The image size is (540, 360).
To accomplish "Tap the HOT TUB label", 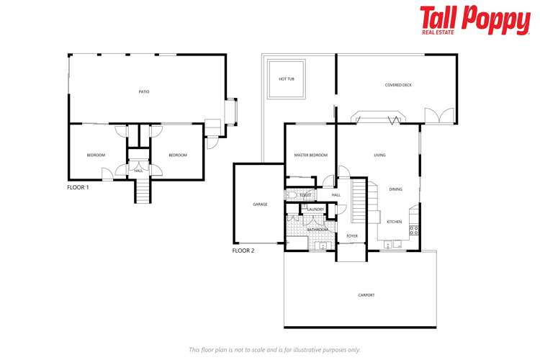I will [287, 78].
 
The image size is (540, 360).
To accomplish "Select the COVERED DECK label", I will [398, 85].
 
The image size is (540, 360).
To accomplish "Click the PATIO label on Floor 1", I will [144, 91].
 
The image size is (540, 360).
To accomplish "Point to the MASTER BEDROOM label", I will [311, 155].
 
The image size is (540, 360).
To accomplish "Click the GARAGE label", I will [260, 204].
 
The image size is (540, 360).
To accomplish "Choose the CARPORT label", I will [366, 295].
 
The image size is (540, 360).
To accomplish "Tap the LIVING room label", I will [379, 155].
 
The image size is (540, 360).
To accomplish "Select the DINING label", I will [395, 189].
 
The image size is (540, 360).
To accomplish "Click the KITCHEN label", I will [394, 222].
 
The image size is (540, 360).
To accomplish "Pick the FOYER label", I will [352, 235].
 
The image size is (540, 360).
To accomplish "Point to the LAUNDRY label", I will [316, 210].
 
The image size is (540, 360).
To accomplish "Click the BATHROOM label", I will [318, 230].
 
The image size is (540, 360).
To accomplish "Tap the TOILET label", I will [305, 195].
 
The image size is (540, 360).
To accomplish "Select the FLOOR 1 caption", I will [78, 187].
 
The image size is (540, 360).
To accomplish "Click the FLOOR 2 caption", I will [243, 251].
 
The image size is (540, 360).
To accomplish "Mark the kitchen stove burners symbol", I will [414, 230].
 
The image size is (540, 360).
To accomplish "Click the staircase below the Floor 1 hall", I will [143, 191].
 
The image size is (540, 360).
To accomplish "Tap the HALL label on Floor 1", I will [138, 171].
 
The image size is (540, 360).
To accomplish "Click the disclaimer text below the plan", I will [274, 350].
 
